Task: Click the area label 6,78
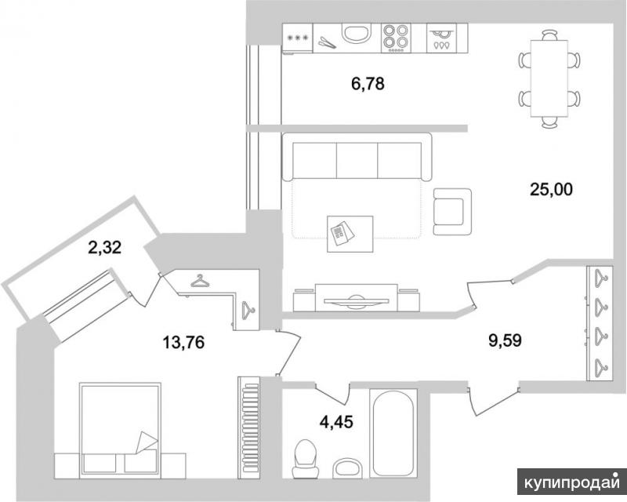click(x=368, y=84)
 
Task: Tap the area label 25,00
click(x=551, y=189)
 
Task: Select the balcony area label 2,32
click(x=105, y=248)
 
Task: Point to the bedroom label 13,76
click(x=183, y=342)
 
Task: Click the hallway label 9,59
click(x=505, y=340)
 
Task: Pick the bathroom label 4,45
click(x=336, y=421)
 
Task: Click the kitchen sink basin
click(x=357, y=33)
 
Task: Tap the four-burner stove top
click(x=396, y=38)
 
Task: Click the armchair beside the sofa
click(x=452, y=212)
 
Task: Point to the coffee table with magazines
click(x=350, y=235)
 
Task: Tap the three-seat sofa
click(x=357, y=157)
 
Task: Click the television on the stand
click(x=356, y=300)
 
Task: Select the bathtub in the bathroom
click(x=393, y=433)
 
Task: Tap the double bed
click(x=120, y=431)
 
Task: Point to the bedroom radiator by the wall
click(x=250, y=427)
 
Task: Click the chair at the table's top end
click(x=549, y=35)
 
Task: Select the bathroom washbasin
click(x=348, y=468)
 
